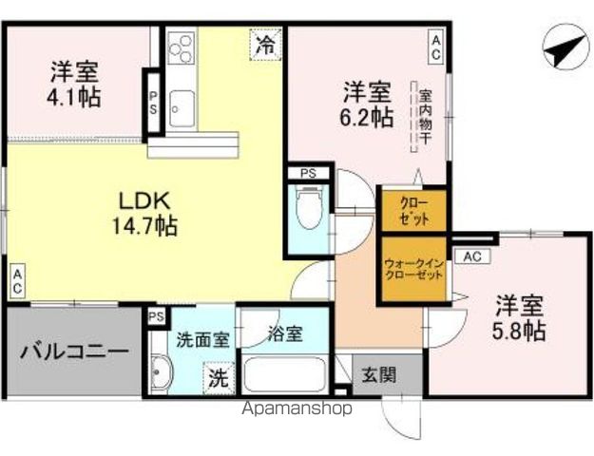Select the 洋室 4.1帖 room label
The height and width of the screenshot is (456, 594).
coord(76,84)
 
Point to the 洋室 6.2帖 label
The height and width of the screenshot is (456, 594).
coord(368,104)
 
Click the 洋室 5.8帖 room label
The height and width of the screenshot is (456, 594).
coord(519,318)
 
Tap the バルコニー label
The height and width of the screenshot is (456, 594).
coord(74,351)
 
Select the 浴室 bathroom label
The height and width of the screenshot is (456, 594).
coord(284,334)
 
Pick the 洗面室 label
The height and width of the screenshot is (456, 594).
coord(201,335)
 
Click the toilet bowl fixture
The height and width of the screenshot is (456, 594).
coord(309,209)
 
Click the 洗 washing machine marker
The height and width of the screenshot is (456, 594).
coord(219,377)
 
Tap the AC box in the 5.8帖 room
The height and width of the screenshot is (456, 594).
coord(473,256)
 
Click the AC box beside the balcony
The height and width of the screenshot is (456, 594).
coord(17,281)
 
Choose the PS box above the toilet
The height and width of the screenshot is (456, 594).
coord(308,173)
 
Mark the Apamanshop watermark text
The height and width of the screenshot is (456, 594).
coord(297,408)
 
